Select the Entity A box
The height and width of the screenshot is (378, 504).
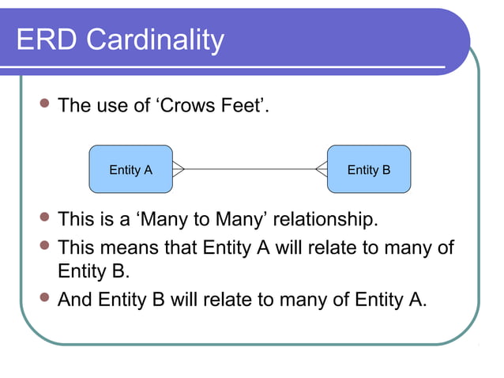coord(130,169)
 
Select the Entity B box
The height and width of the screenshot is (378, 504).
coord(369,169)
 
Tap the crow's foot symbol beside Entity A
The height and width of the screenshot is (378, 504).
coord(179,169)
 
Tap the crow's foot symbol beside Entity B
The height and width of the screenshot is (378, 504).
coord(321,169)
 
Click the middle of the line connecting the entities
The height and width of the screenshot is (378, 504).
coord(250,169)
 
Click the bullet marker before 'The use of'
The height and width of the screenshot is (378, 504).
coord(44,105)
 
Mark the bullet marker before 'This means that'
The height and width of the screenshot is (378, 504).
coord(44,248)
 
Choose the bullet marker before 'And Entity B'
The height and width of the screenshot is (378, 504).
coord(44,300)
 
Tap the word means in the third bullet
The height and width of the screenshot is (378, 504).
coord(133,248)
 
